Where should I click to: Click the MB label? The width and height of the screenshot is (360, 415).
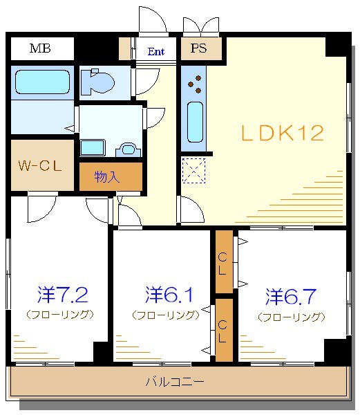pyautogui.click(x=40, y=48)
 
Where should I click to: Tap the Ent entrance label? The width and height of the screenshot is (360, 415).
pyautogui.click(x=155, y=50)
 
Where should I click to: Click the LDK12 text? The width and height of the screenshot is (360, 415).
pyautogui.click(x=282, y=133)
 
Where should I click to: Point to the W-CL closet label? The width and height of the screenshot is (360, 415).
pyautogui.click(x=40, y=166)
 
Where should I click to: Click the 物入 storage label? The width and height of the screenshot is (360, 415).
pyautogui.click(x=108, y=176)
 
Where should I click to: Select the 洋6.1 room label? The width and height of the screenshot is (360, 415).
pyautogui.click(x=169, y=295)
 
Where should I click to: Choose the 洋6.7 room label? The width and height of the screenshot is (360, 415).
pyautogui.click(x=291, y=297)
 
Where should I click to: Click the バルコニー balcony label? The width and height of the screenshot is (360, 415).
pyautogui.click(x=174, y=381)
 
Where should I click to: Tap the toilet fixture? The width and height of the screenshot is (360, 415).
pyautogui.click(x=97, y=83)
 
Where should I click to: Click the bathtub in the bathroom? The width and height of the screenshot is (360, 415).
pyautogui.click(x=42, y=84)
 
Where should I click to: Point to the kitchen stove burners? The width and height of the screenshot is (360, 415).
pyautogui.click(x=195, y=83)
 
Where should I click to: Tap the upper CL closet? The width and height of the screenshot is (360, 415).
pyautogui.click(x=223, y=263)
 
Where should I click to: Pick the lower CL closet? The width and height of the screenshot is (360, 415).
pyautogui.click(x=223, y=330)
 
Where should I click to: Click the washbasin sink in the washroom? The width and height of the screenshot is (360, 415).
pyautogui.click(x=128, y=147)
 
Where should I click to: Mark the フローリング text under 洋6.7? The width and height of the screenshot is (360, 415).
pyautogui.click(x=291, y=317)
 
